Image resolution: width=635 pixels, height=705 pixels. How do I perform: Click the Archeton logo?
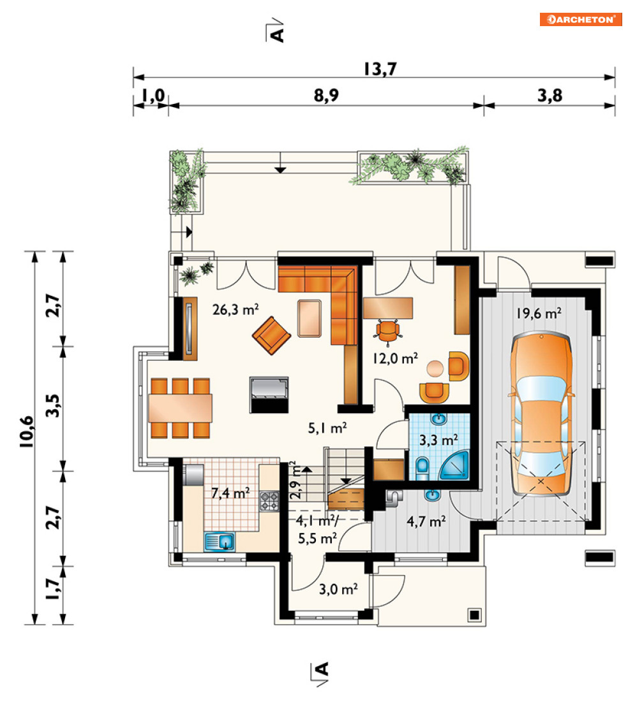[x=581, y=19]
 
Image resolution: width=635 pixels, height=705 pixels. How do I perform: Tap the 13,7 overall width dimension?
[x=380, y=69]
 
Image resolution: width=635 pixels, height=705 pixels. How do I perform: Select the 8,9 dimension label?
[x=326, y=96]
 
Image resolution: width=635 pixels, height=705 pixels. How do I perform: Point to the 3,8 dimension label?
[x=549, y=96]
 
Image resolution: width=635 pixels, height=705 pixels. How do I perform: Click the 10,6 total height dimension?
[x=27, y=432]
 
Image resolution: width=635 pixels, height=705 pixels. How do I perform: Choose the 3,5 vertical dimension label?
[x=53, y=405]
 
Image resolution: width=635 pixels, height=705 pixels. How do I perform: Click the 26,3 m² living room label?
[x=235, y=309]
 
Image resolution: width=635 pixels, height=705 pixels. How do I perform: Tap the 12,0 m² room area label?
[x=395, y=358]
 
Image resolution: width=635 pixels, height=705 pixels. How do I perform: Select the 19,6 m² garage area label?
[x=539, y=313]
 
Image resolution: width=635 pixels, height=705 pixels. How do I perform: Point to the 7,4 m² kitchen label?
[x=230, y=493]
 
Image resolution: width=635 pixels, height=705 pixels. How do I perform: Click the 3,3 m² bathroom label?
[x=439, y=440]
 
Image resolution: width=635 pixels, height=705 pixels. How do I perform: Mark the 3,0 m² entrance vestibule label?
[x=338, y=589]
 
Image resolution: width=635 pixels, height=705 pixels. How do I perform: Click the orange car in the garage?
[x=541, y=414]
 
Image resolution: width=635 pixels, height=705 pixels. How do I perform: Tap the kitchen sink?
[x=220, y=541]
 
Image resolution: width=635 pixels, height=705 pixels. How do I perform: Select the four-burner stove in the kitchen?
[x=269, y=501]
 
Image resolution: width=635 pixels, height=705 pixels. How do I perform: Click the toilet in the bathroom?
[x=422, y=467]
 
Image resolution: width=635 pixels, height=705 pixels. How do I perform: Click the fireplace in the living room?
[x=269, y=395]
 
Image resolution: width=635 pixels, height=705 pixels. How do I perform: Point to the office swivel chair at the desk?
[x=387, y=330]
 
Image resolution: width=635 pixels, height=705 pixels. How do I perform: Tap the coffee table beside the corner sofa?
[x=310, y=319]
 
